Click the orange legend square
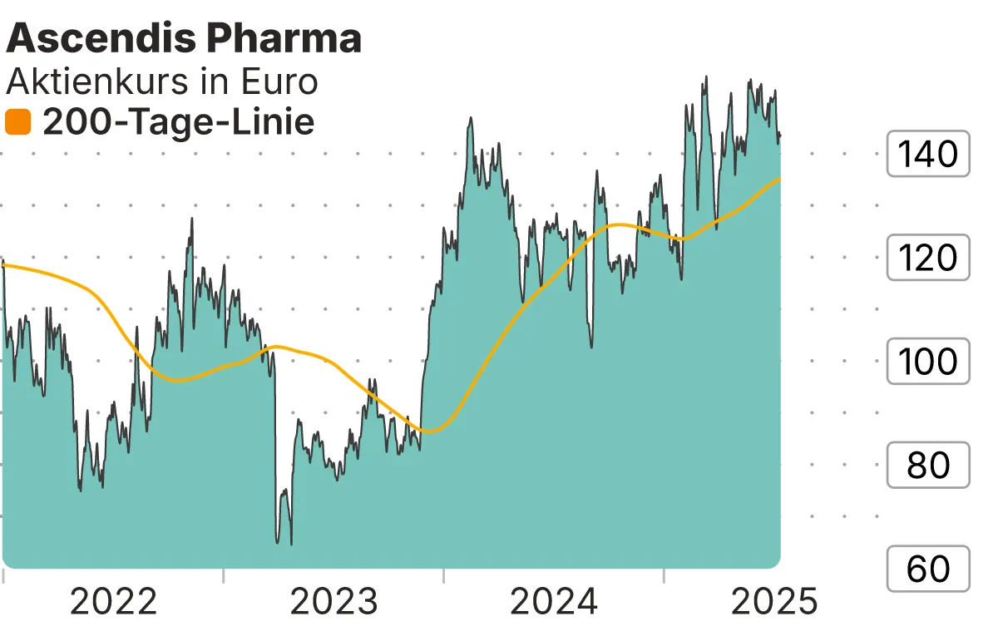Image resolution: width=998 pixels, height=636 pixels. click(x=17, y=123)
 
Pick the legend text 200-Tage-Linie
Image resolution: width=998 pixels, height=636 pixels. click(x=178, y=123)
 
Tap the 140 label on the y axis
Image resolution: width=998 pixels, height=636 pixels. click(x=928, y=154)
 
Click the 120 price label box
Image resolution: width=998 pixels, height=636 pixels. click(x=928, y=258)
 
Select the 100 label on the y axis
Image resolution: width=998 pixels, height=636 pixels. click(x=928, y=362)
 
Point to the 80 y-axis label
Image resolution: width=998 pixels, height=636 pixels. click(x=928, y=466)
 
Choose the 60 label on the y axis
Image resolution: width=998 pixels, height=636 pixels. click(x=928, y=569)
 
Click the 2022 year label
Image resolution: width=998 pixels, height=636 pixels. click(x=113, y=603)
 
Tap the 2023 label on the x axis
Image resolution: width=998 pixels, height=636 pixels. click(x=333, y=603)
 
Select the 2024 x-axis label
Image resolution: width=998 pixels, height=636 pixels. click(x=554, y=603)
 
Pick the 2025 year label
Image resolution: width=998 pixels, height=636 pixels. click(x=774, y=603)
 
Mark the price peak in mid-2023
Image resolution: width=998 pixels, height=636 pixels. click(x=471, y=118)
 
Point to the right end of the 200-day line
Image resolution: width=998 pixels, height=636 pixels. click(x=779, y=178)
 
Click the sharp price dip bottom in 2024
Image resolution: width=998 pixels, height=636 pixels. click(x=590, y=347)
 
